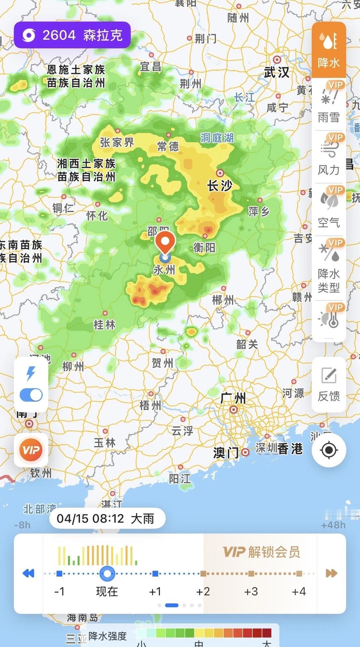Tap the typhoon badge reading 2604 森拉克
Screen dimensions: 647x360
coord(72,35)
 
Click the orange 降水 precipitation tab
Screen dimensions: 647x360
coord(329,50)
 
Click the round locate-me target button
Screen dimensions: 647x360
coord(329,450)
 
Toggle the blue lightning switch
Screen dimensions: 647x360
coord(31,395)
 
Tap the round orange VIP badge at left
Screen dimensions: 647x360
coord(31,450)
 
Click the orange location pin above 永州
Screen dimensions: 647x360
coord(165,242)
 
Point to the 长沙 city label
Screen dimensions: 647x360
coord(220,185)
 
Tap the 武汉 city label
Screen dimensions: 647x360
coord(276,72)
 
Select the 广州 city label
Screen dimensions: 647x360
coord(233,398)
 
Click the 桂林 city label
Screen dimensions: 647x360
coord(104,324)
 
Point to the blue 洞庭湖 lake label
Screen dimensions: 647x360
coord(217,138)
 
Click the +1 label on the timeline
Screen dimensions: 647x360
coord(155,591)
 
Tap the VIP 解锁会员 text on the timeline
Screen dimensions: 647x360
coord(261,552)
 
